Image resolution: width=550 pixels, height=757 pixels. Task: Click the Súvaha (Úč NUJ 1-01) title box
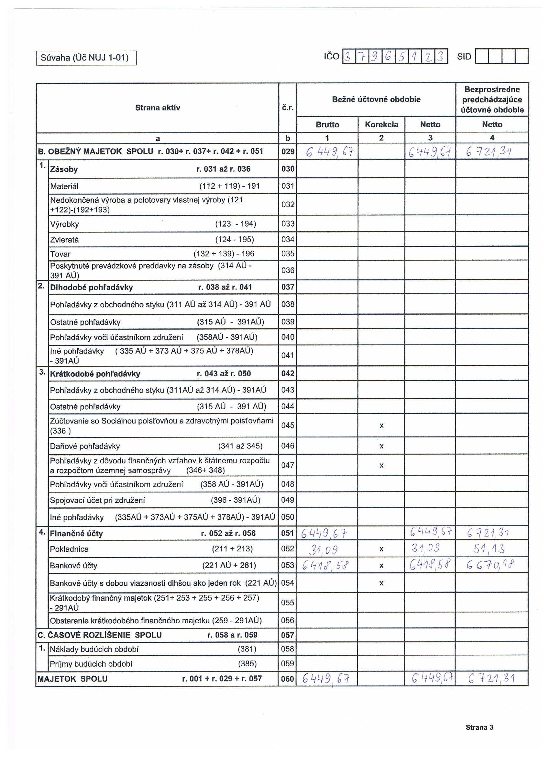point(86,58)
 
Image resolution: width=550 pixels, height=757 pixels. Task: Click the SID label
point(464,57)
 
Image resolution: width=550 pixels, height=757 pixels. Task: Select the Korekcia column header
point(381,125)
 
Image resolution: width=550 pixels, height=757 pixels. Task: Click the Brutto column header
point(327,125)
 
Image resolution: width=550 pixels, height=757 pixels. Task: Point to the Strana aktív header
point(158,107)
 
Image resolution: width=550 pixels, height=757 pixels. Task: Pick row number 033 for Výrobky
point(288,224)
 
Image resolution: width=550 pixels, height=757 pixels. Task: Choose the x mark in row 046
point(381,446)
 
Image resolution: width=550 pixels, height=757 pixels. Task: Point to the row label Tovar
point(60,254)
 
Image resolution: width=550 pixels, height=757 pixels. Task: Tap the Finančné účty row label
point(76,533)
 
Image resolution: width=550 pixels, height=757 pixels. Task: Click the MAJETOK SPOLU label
point(72,679)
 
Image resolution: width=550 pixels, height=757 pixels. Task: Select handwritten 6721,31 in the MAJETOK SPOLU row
point(491,679)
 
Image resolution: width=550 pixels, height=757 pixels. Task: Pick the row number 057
point(288,635)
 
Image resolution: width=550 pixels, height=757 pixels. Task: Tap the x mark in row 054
point(381,583)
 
